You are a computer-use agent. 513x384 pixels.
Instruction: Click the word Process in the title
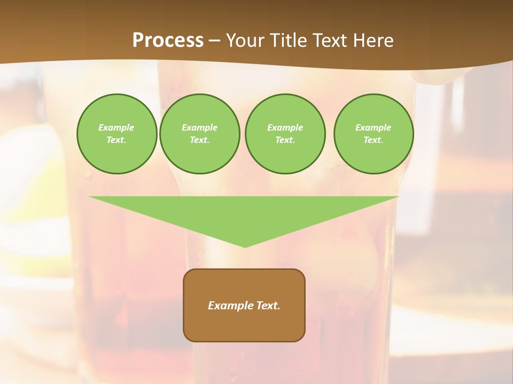(x=168, y=41)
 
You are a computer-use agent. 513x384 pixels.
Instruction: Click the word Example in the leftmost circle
(x=116, y=127)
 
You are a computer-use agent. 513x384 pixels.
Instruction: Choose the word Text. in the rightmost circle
(x=374, y=140)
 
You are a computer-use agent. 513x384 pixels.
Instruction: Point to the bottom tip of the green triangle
(x=245, y=246)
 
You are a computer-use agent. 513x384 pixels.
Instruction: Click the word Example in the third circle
(x=285, y=127)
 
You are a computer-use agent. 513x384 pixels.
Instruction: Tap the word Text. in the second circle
(x=199, y=140)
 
